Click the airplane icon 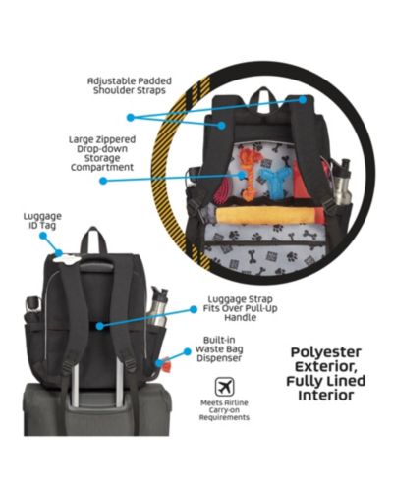224,387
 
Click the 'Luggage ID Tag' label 42,221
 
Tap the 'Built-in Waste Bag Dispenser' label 219,349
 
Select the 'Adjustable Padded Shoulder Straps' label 130,85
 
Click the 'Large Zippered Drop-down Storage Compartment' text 102,153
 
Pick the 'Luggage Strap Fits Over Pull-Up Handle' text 240,308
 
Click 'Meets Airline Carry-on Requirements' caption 224,410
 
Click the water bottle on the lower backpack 159,307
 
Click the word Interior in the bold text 326,395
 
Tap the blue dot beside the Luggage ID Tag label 43,236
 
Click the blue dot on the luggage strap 100,326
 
